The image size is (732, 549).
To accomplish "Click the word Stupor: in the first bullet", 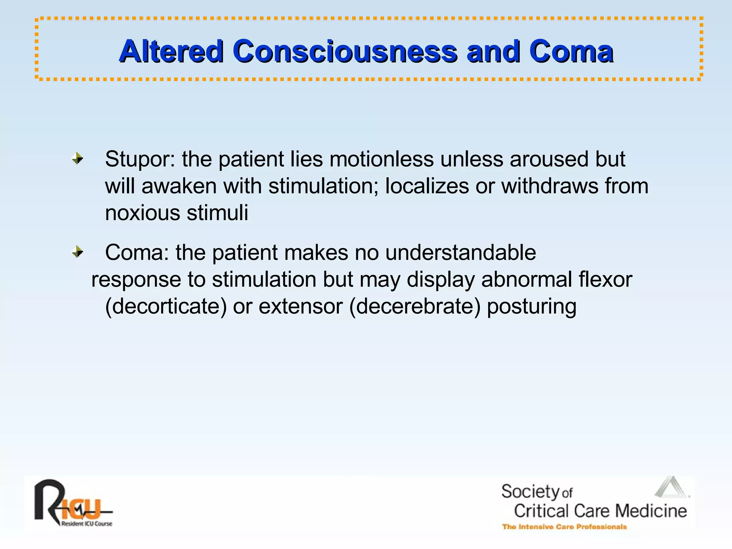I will (x=140, y=159).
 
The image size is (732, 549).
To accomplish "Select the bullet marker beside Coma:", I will (x=78, y=252).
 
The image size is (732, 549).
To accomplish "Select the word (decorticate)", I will (x=166, y=307).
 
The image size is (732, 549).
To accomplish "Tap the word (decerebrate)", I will (x=415, y=307).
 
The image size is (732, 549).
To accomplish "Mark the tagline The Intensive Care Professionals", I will (x=564, y=527).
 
